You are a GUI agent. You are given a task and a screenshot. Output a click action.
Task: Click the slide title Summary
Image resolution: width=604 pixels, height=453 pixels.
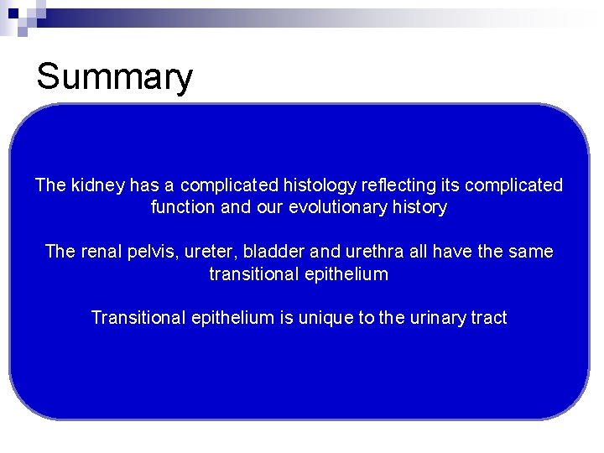(x=114, y=77)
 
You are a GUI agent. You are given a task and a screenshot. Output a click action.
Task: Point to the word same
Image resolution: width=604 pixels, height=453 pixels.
(x=530, y=252)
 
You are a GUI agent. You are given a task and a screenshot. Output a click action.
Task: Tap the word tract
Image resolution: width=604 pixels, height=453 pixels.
(x=490, y=318)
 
